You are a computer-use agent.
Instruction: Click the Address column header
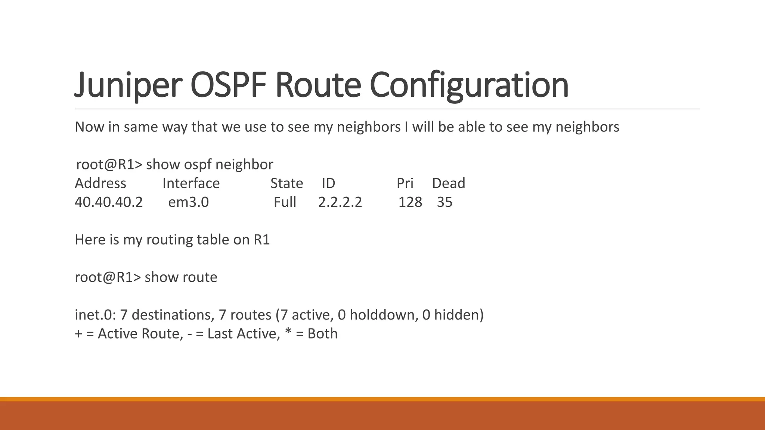click(100, 183)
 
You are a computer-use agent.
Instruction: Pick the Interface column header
click(191, 183)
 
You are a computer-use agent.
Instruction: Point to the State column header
click(287, 183)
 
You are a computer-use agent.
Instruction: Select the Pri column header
click(405, 183)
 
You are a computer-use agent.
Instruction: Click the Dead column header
click(448, 183)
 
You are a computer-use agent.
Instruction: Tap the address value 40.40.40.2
click(109, 202)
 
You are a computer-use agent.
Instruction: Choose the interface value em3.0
click(188, 202)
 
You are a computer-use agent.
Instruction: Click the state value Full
click(285, 202)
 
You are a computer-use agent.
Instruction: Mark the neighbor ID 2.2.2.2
click(340, 202)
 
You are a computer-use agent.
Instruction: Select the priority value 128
click(410, 202)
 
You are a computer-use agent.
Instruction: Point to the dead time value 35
click(445, 202)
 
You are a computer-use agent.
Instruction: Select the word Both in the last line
click(322, 334)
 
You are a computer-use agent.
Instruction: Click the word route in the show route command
click(199, 277)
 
